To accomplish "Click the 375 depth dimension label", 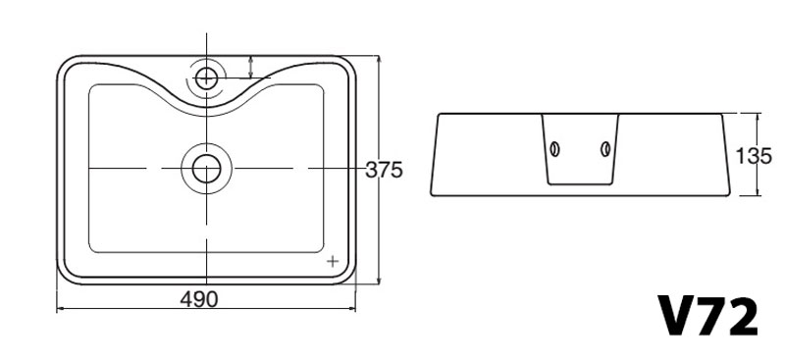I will click(x=384, y=170).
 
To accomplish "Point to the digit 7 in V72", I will click(x=713, y=317).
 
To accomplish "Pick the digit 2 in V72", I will click(x=742, y=317).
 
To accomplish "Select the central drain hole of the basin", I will click(x=206, y=169).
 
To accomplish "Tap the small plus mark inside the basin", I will click(x=333, y=261).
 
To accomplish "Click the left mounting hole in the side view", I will click(x=554, y=149).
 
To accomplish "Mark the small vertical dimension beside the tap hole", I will click(x=253, y=67).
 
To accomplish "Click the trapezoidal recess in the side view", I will click(x=580, y=147).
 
